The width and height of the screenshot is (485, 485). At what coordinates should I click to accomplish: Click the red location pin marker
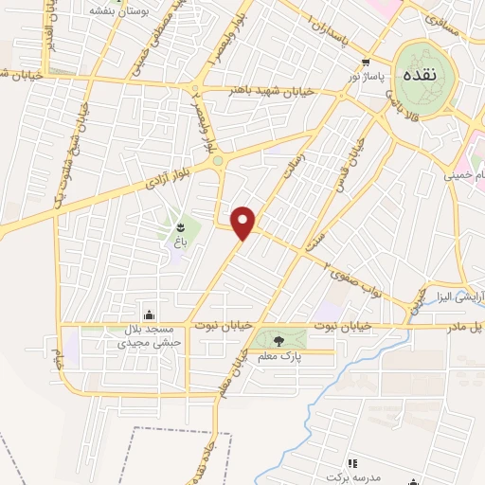tap(244, 222)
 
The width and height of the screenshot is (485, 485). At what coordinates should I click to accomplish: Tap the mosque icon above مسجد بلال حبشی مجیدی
tap(148, 314)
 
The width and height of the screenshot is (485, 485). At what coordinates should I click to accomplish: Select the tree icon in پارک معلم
tap(277, 340)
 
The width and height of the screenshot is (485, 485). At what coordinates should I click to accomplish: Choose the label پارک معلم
tap(278, 355)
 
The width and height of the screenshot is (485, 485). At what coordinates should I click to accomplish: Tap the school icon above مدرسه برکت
tap(352, 462)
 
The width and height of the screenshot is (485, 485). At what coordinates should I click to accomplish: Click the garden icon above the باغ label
tap(180, 226)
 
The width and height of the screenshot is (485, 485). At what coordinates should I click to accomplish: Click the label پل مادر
tap(467, 328)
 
